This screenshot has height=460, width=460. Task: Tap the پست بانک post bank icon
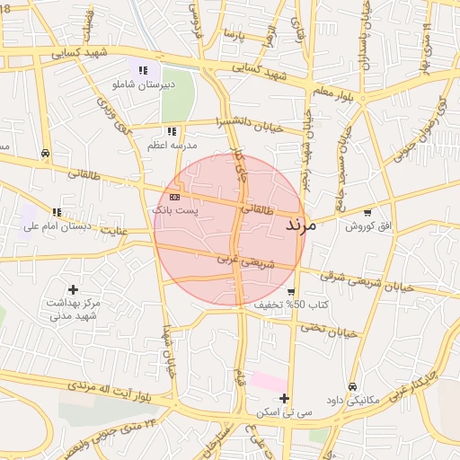click(x=174, y=196)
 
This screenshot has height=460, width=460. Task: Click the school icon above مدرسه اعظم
click(x=171, y=131)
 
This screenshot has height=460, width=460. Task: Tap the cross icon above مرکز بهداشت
click(x=73, y=289)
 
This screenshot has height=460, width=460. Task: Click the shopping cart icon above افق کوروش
click(x=368, y=212)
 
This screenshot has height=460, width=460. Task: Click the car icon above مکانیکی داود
click(x=351, y=386)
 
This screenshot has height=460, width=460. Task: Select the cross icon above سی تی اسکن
click(x=284, y=398)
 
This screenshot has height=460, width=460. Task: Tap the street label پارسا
click(x=235, y=36)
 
